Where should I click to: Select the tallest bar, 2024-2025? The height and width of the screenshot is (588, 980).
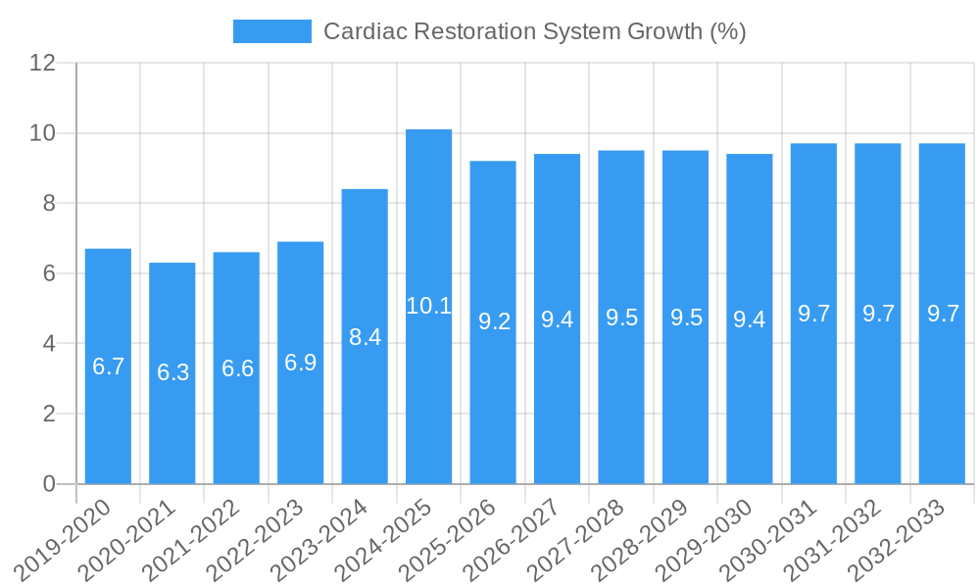click(428, 392)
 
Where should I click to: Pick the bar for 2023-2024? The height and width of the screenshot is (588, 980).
click(365, 412)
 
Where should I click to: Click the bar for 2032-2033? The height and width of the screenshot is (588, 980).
click(942, 392)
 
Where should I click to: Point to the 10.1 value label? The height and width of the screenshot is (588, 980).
click(428, 306)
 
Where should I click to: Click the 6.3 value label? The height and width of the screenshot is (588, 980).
click(172, 372)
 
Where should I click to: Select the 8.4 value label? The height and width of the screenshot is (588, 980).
click(365, 337)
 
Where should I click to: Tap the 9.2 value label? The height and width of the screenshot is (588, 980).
click(493, 321)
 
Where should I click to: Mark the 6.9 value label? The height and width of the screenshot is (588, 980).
click(301, 363)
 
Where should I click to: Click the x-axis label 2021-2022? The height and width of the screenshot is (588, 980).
click(202, 539)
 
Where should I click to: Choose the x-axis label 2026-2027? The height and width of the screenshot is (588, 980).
click(522, 539)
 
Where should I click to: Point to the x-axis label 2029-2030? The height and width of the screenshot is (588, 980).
click(714, 539)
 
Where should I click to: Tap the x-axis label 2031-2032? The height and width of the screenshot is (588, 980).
click(843, 539)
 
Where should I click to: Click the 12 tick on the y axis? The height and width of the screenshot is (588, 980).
click(43, 63)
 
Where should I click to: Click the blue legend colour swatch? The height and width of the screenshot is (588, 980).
click(271, 31)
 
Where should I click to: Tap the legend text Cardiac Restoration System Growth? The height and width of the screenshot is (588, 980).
click(534, 31)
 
